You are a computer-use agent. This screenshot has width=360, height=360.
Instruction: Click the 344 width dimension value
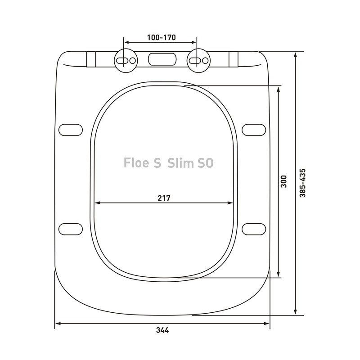pos(162,330)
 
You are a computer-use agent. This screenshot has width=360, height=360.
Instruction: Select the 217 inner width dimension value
pos(164,198)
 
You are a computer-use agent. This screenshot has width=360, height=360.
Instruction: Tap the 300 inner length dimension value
pos(283,181)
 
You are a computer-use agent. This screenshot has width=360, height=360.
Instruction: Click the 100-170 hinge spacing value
pos(161,37)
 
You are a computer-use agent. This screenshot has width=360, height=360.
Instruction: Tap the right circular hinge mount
pos(198,60)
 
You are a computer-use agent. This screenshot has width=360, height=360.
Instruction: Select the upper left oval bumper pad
pos(71,129)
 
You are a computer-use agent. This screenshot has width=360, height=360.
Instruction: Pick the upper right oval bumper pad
pos(254,129)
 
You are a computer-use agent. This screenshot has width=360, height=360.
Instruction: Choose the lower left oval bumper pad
pos(71,229)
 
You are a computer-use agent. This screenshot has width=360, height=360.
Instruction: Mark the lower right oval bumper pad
pos(254,229)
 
